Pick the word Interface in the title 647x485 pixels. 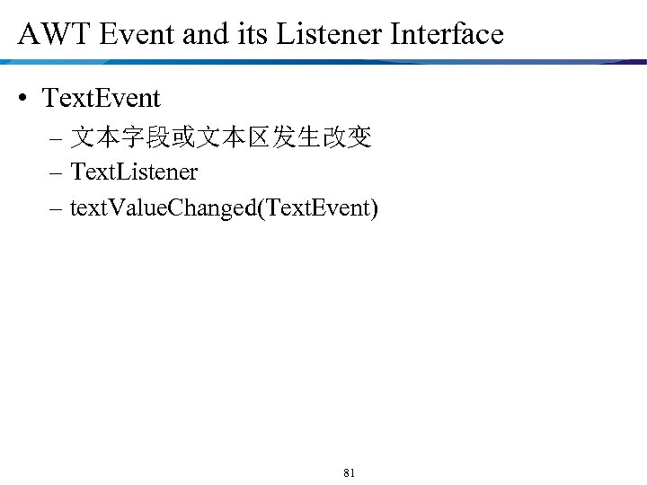pos(447,35)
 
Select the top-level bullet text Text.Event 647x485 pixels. pos(101,98)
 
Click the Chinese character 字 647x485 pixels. pos(130,137)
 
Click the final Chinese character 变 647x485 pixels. pos(359,137)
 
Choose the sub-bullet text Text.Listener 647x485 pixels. pos(134,171)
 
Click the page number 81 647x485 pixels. pos(350,472)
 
